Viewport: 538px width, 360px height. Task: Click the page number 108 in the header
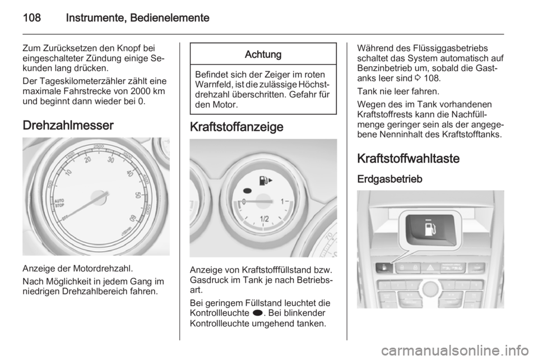[x=32, y=17]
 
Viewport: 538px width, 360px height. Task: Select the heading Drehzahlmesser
[x=68, y=125]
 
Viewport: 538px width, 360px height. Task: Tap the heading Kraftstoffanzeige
[x=236, y=127]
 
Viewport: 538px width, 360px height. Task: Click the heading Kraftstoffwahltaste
[x=409, y=159]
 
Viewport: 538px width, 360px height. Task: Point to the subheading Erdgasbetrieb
[x=390, y=179]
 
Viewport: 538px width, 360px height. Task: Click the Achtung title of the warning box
[x=263, y=54]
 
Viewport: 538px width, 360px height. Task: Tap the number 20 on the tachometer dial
[x=88, y=160]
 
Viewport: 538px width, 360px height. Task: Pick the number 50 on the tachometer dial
[x=138, y=195]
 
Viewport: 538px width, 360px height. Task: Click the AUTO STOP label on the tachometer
[x=60, y=203]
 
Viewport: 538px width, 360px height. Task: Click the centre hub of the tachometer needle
[x=99, y=198]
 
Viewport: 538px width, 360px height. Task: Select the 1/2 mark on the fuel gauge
[x=264, y=219]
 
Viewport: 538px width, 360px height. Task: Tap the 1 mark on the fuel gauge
[x=282, y=201]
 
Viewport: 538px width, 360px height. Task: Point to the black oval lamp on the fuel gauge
[x=247, y=191]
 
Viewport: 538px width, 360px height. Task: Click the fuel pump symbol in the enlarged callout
[x=430, y=229]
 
